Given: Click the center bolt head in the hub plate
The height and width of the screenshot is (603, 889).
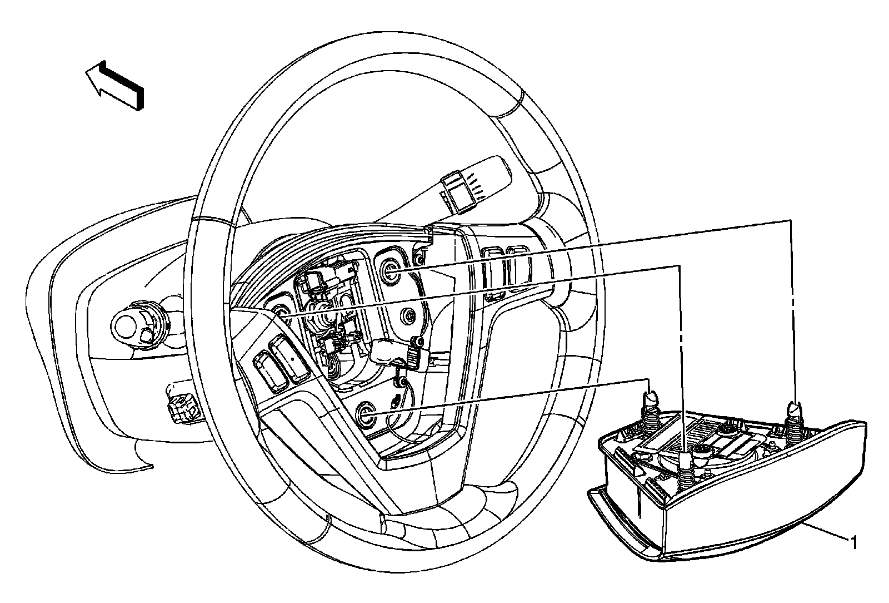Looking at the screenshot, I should [x=410, y=317].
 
